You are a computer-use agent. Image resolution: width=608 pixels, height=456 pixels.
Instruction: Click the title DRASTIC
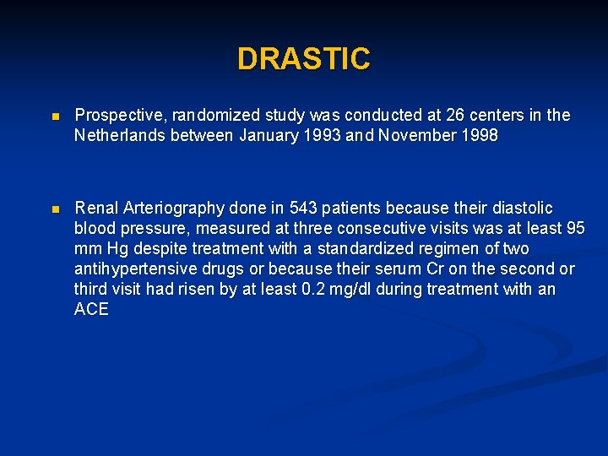click(x=303, y=59)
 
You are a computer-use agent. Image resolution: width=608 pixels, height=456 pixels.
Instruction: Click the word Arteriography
click(x=174, y=208)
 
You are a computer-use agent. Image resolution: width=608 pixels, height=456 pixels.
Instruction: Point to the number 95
click(x=575, y=228)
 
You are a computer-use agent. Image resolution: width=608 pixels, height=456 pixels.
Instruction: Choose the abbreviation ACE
click(x=91, y=309)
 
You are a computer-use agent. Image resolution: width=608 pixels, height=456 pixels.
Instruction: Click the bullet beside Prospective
click(x=55, y=116)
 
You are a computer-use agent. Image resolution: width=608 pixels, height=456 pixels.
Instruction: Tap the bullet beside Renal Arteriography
click(x=55, y=209)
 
